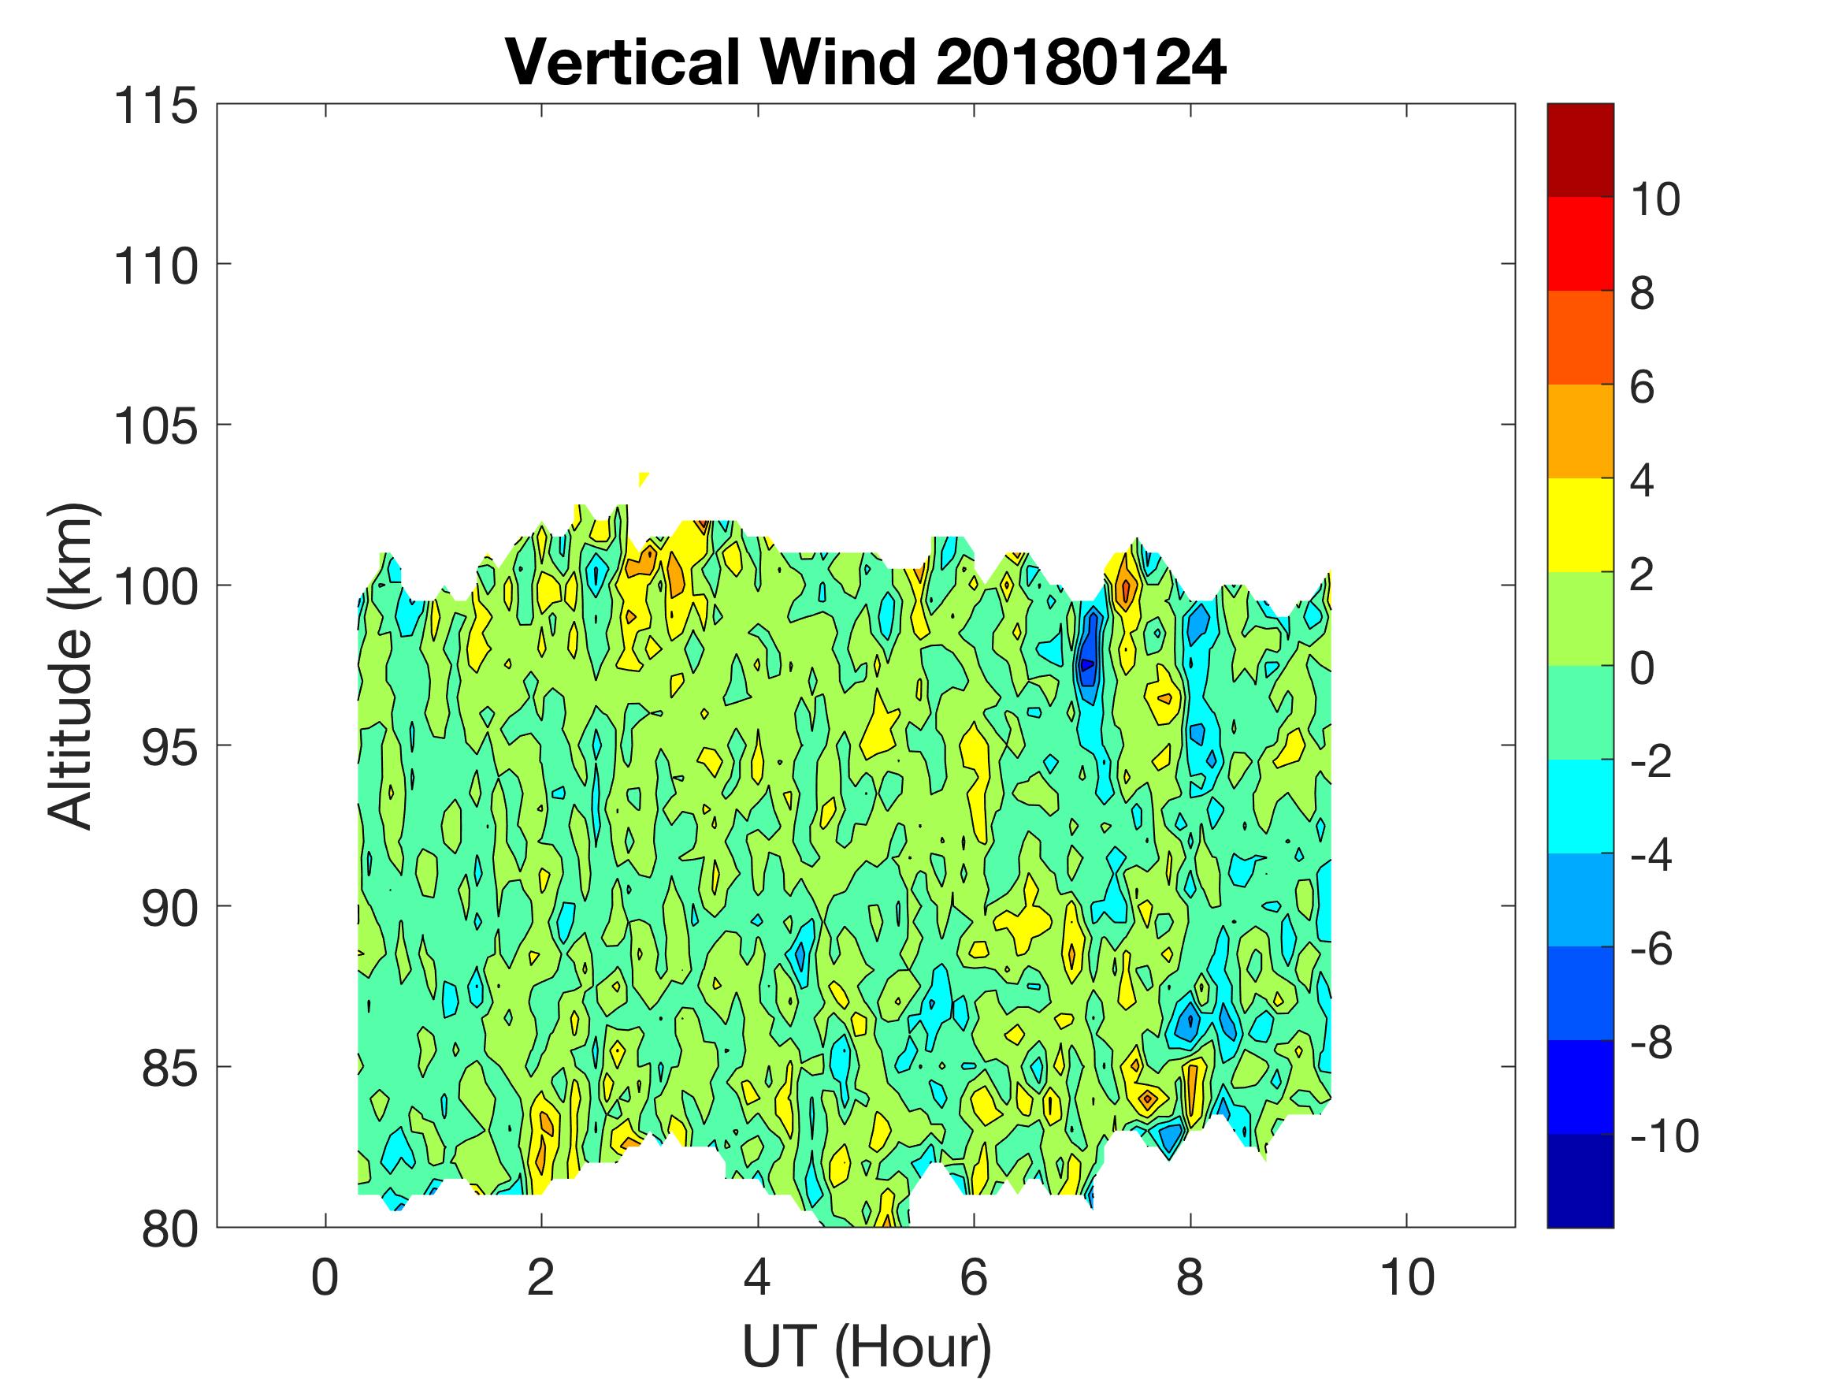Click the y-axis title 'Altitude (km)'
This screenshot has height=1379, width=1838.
tap(70, 665)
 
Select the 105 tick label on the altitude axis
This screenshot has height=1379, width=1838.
tap(155, 427)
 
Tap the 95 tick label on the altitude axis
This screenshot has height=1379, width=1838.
tap(169, 748)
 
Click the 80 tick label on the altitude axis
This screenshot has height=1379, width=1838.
tap(169, 1229)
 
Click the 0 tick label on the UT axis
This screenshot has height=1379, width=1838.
tap(325, 1277)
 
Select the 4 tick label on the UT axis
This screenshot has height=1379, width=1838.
tap(758, 1277)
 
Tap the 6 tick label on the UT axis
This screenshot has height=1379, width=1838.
tap(974, 1277)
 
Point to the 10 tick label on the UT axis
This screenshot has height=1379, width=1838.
tap(1407, 1277)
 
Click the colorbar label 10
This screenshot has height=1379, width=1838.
tap(1654, 199)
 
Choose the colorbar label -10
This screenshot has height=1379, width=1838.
tap(1665, 1136)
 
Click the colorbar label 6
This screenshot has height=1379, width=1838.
tap(1642, 388)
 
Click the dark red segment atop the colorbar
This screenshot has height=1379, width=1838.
tap(1580, 150)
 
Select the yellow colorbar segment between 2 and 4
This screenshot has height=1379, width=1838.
tap(1580, 525)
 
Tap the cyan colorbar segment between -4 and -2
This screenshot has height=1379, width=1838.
tap(1580, 806)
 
